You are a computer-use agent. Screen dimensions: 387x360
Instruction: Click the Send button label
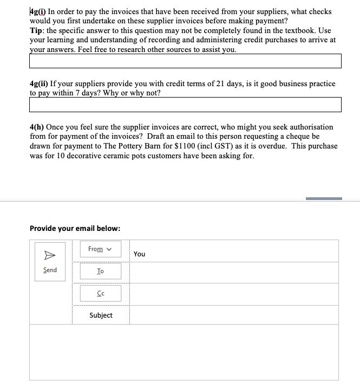pos(50,270)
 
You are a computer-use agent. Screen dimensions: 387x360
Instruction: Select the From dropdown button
pos(100,249)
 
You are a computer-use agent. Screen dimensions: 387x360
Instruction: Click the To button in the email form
pos(101,271)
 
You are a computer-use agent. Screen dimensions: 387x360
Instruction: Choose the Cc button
pos(101,293)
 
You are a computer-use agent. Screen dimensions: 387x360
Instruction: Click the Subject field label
pos(101,315)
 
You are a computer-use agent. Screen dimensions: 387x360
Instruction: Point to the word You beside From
pos(139,254)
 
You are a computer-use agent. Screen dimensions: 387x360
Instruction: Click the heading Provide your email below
pos(75,228)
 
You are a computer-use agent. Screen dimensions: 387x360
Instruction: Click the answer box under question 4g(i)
pos(185,61)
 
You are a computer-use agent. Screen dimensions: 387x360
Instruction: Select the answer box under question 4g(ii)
pos(185,105)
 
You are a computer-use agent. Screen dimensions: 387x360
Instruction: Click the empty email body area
pos(184,352)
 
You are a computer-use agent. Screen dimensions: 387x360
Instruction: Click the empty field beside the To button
pos(234,271)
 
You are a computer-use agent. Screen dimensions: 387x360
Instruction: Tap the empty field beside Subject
pos(234,315)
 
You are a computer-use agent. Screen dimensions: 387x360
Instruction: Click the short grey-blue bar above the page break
pos(324,198)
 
